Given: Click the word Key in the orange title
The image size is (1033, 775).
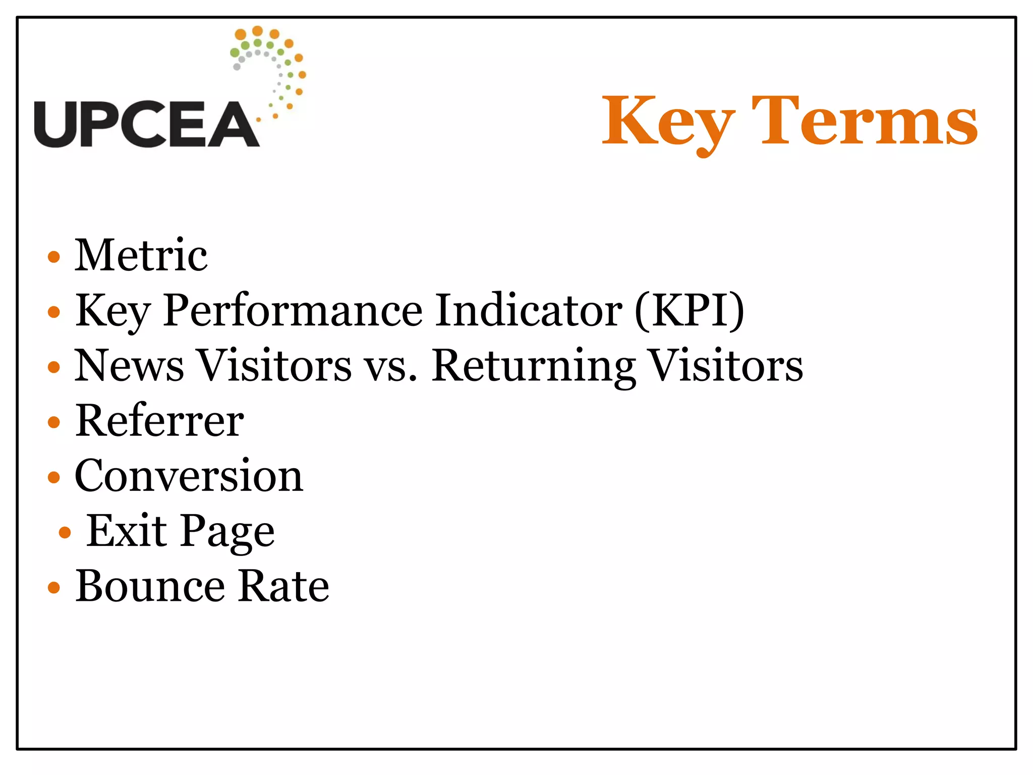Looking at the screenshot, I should tap(667, 123).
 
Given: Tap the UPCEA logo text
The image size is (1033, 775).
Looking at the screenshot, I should tap(146, 124).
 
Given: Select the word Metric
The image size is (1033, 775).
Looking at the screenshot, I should tap(141, 255).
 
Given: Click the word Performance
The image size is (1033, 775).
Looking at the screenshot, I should tap(292, 310).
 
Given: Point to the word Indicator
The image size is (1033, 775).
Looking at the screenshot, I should tap(528, 310).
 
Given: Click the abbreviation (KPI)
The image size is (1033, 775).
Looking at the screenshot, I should tap(689, 311).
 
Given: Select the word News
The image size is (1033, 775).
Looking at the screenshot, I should tap(129, 365).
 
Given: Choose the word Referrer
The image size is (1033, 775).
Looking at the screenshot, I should tap(159, 421).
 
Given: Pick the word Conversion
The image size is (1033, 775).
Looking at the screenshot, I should tap(189, 476).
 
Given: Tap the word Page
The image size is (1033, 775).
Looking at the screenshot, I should tap(227, 532).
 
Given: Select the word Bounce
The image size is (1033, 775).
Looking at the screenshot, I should tap(150, 586).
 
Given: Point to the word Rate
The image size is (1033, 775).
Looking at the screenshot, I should tap(283, 586).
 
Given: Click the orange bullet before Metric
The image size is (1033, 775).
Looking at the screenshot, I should tap(54, 257).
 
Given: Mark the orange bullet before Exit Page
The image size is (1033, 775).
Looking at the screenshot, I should tap(65, 532).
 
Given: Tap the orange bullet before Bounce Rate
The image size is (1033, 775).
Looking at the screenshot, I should tap(54, 587).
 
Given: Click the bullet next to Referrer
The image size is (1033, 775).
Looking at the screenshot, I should tap(54, 422).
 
